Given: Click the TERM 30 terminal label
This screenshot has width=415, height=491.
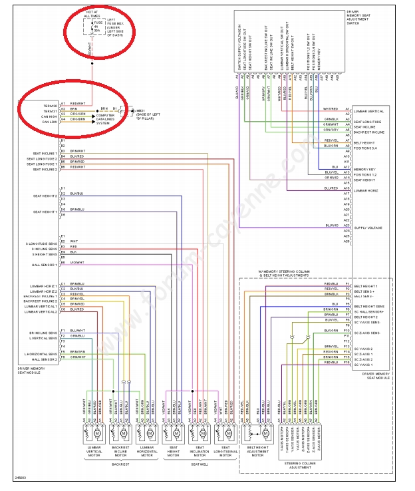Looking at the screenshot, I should tap(50, 104).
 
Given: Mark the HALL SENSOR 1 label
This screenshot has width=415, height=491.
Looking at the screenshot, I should tap(47, 265).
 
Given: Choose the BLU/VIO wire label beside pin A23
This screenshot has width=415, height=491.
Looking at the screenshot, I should tap(333, 226).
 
